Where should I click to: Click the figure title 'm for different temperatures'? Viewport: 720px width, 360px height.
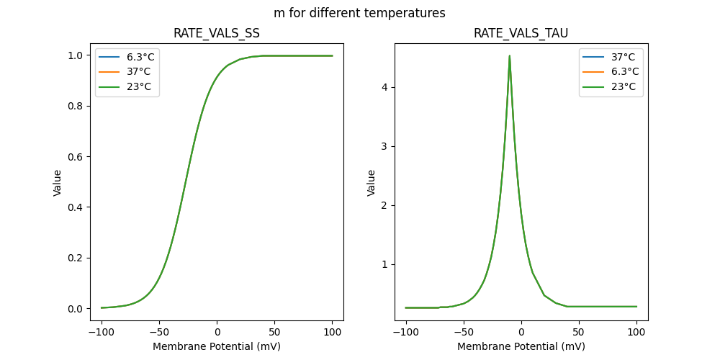click(x=359, y=13)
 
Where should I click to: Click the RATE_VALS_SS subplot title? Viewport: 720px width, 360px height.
click(x=217, y=34)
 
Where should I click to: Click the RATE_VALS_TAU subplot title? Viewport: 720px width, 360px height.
click(x=521, y=34)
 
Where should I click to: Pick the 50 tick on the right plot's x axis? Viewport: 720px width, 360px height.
click(x=579, y=331)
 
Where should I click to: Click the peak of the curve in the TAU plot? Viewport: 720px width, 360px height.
click(x=510, y=55)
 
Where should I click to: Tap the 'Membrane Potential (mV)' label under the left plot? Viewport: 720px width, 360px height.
click(x=217, y=346)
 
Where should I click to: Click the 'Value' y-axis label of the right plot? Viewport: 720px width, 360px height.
click(x=372, y=182)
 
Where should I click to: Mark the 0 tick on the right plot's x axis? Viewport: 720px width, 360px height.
click(x=521, y=331)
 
